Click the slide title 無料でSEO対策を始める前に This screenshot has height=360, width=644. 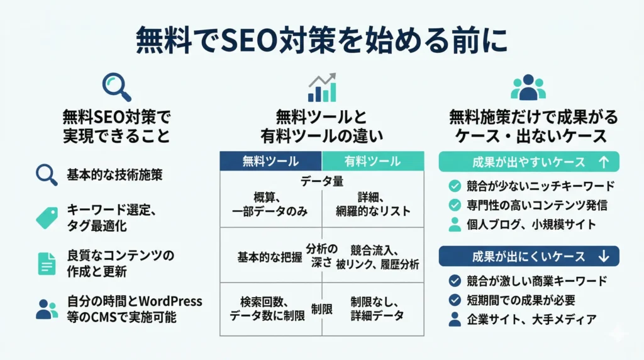point(322,40)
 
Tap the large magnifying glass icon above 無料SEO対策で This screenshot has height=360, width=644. point(116,87)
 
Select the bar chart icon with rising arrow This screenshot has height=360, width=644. point(322,87)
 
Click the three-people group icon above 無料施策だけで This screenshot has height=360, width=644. point(528,87)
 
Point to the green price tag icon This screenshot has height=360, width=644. point(47,218)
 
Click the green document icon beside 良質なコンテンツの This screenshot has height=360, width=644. point(47,264)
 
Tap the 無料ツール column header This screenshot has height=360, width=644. point(270,161)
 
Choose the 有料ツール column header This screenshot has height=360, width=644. point(373,161)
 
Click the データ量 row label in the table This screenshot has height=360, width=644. point(322,181)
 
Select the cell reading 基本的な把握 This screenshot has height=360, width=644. point(270,257)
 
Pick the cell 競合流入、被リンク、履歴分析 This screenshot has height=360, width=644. point(378,257)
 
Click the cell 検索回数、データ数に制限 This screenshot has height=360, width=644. point(267,308)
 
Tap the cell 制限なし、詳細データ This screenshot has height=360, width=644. point(377,308)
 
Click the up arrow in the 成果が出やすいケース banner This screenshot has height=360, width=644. point(603,162)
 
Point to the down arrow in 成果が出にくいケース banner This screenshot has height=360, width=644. point(603,256)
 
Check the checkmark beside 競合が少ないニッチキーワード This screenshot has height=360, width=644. point(455,186)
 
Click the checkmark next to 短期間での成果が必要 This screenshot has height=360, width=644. point(455,300)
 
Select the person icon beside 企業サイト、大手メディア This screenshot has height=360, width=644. point(455,319)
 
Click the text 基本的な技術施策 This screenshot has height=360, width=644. point(114,175)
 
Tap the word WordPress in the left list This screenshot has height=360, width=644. point(170,301)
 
